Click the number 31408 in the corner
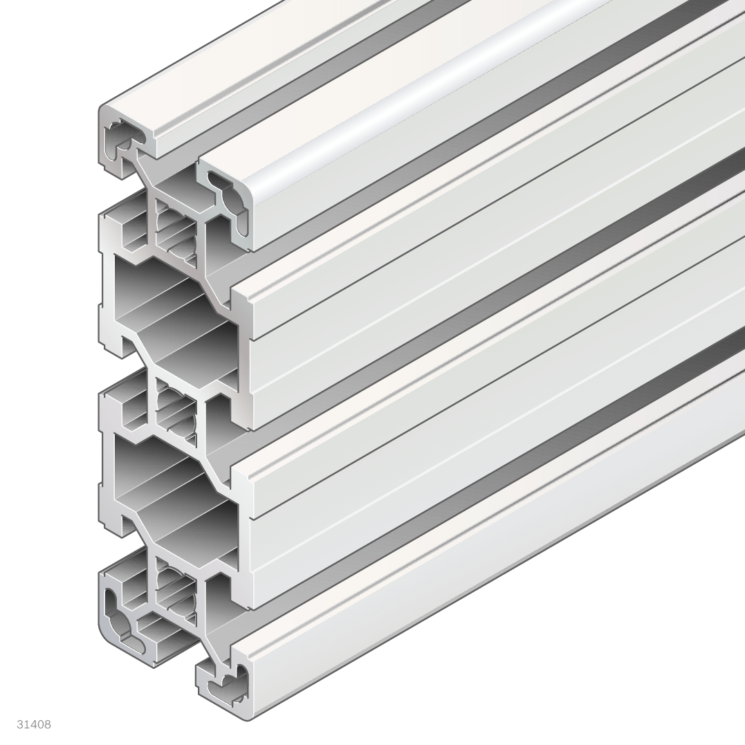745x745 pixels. coord(34,724)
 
